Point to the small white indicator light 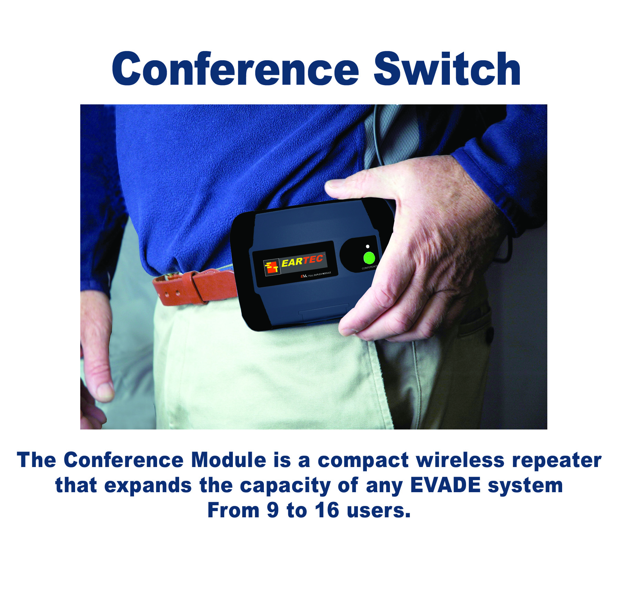pyautogui.click(x=368, y=247)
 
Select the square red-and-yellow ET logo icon pyautogui.click(x=271, y=267)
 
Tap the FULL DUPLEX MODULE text pyautogui.click(x=319, y=274)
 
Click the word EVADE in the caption pyautogui.click(x=445, y=485)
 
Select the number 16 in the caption pyautogui.click(x=327, y=510)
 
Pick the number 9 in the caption pyautogui.click(x=272, y=510)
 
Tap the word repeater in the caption pyautogui.click(x=557, y=461)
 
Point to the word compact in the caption pyautogui.click(x=363, y=461)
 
